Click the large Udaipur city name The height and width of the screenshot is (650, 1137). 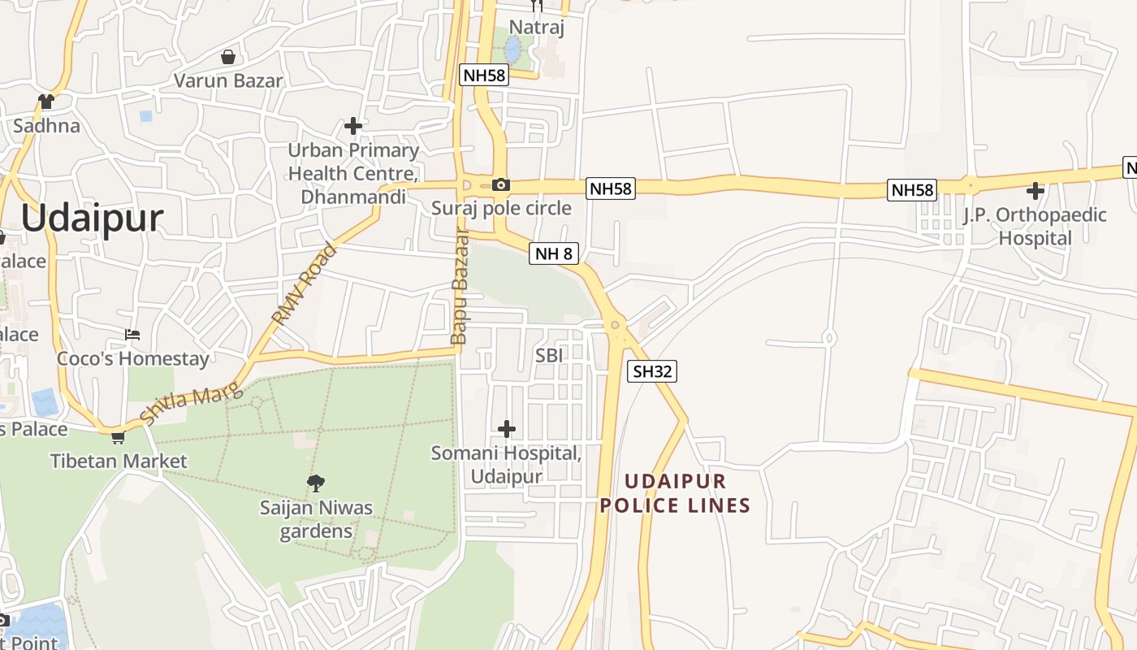pos(92,218)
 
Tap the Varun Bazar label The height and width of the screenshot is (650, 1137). pos(229,80)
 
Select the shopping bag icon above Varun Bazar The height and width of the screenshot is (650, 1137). pos(228,57)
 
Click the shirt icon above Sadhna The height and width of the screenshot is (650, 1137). pos(45,102)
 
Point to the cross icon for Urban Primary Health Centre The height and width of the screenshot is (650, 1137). pos(353,125)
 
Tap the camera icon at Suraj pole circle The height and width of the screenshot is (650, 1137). pos(501,184)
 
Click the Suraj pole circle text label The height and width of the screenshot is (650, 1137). pos(501,208)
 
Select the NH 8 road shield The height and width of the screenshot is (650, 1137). pos(555,253)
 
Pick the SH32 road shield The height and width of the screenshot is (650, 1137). pos(653,371)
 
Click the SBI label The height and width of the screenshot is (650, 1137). pos(549,355)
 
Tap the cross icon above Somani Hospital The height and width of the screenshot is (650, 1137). pos(507,428)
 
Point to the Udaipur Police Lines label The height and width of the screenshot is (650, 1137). pos(675,493)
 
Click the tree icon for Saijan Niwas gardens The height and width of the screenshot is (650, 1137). pos(316,483)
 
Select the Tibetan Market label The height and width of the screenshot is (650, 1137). pos(119,461)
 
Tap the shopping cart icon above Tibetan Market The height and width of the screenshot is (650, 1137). pos(119,437)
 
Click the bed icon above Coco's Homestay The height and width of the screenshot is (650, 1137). pos(132,335)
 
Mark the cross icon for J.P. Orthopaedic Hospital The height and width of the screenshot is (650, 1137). pos(1035,191)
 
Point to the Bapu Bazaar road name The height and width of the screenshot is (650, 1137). pos(460,286)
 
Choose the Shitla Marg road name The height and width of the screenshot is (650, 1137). pos(191,404)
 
